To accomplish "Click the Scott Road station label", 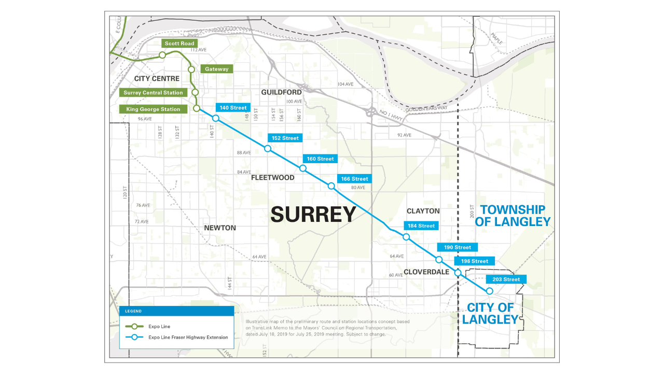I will (179, 44).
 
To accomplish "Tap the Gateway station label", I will (216, 69).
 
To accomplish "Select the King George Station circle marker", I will (197, 108).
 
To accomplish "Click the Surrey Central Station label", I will (153, 92).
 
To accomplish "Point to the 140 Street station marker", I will (216, 118).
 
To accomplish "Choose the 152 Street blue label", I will (285, 138).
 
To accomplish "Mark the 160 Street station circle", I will (303, 168).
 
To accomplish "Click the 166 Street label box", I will (354, 179).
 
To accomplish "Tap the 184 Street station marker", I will (406, 237).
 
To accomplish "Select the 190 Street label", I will (457, 247).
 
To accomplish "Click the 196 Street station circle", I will (458, 272).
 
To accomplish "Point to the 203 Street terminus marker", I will (489, 291).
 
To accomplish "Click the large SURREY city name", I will (313, 214).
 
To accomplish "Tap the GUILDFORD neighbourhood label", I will (281, 92).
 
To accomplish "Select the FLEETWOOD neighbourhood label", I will (272, 178).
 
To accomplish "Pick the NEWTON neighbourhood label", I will (220, 228).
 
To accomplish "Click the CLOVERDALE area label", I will (426, 272).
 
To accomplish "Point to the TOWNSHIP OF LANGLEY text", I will (512, 216).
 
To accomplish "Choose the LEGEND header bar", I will (176, 311).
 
